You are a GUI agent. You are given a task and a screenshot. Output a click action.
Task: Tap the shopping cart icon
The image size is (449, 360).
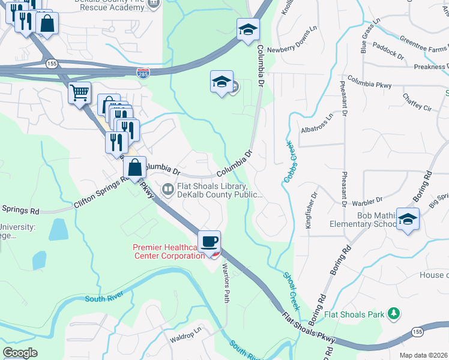point(79,94)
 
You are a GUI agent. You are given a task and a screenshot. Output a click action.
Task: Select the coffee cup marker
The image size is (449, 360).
point(209,241)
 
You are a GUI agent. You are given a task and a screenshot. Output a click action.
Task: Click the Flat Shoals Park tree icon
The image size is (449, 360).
point(394,313)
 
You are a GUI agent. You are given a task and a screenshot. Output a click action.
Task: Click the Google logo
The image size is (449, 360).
point(20,353)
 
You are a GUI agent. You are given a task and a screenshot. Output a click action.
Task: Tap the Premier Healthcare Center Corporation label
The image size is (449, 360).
point(167,251)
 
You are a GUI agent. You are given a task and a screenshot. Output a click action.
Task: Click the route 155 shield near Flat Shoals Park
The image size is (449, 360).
point(417,332)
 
